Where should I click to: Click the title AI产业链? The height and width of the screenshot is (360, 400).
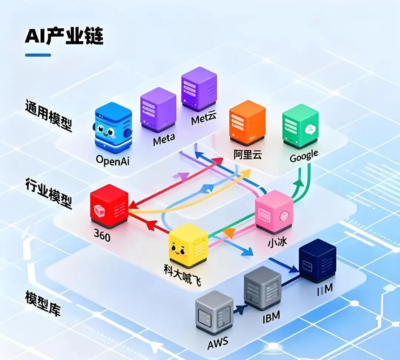pos(64,36)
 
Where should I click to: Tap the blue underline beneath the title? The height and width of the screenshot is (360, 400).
pos(38,55)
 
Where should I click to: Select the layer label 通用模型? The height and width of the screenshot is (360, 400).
pos(49,115)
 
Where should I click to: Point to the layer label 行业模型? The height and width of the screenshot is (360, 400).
pos(49,193)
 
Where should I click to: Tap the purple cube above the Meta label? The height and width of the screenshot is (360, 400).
pos(158,109)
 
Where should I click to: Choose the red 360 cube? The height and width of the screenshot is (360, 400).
pos(109,205)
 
